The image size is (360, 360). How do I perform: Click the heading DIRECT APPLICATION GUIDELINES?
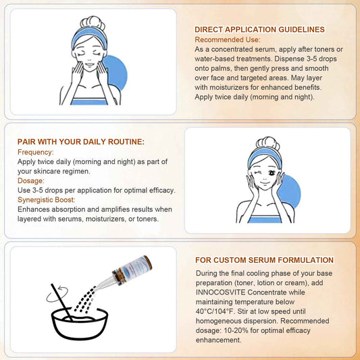(259, 30)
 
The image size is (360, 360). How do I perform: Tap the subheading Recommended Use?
(228, 40)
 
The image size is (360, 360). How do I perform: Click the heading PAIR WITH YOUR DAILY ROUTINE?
(81, 142)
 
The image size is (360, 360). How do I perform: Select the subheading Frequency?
(35, 152)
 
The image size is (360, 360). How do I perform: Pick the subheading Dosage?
(31, 181)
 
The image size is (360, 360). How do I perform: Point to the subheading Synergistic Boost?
(46, 200)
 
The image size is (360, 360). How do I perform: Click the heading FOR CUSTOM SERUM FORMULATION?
(264, 260)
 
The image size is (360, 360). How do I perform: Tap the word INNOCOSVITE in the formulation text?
(220, 292)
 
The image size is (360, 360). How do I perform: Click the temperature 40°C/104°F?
(215, 311)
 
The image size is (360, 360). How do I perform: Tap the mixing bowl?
(80, 324)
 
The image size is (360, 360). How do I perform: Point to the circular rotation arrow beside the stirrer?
(57, 294)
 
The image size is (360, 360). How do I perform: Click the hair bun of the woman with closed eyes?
(93, 23)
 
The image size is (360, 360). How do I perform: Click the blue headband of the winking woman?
(265, 155)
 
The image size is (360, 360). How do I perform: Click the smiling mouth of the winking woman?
(265, 183)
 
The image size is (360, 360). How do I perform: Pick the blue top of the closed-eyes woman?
(89, 101)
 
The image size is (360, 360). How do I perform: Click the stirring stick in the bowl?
(62, 302)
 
